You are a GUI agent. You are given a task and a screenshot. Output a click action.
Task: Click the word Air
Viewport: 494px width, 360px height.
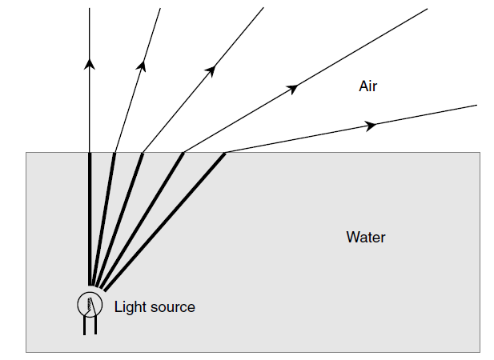(x=367, y=86)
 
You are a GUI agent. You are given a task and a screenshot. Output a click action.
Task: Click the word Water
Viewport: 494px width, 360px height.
(x=366, y=238)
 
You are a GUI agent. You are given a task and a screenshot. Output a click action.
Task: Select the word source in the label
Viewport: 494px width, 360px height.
(x=172, y=306)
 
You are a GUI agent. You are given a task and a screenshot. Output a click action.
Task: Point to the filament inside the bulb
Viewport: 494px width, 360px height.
(x=91, y=304)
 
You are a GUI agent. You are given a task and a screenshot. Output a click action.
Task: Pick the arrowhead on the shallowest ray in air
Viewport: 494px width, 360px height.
(x=370, y=126)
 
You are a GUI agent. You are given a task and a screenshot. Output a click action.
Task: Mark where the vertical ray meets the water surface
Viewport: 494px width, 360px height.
(x=90, y=152)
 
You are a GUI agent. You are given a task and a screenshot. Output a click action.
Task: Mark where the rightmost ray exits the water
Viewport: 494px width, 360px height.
(x=225, y=152)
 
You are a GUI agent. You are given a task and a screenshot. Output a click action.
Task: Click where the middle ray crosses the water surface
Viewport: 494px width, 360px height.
(x=143, y=152)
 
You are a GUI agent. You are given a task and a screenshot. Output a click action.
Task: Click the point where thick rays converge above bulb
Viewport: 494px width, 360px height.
(x=95, y=285)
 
